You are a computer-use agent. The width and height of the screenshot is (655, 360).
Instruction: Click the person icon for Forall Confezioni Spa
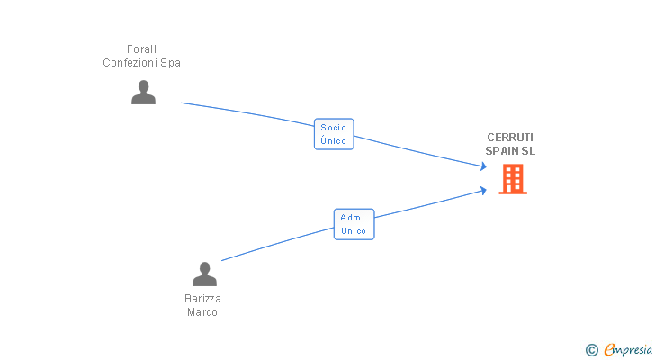pyautogui.click(x=143, y=93)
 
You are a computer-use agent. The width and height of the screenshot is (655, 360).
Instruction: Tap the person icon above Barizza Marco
pyautogui.click(x=204, y=274)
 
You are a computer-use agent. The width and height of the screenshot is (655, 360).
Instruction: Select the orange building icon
pyautogui.click(x=513, y=179)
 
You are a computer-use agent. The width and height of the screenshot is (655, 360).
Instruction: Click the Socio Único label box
pyautogui.click(x=334, y=134)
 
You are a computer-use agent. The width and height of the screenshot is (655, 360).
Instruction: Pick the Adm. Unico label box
pyautogui.click(x=354, y=224)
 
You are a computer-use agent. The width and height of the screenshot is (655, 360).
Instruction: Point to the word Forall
pyautogui.click(x=141, y=49)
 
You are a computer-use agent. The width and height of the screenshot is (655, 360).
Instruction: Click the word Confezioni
pyautogui.click(x=130, y=63)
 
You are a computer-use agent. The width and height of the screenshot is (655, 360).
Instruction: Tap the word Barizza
pyautogui.click(x=202, y=299)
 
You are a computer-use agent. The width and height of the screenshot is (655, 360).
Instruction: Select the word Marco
pyautogui.click(x=202, y=312)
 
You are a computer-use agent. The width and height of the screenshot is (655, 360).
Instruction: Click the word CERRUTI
pyautogui.click(x=510, y=138)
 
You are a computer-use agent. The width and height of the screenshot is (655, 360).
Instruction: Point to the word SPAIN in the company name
pyautogui.click(x=500, y=151)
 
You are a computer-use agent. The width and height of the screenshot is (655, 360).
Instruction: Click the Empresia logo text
pyautogui.click(x=628, y=350)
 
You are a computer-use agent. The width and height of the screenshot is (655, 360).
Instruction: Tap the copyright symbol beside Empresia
pyautogui.click(x=591, y=350)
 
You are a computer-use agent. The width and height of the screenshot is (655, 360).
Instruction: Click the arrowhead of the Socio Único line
pyautogui.click(x=484, y=166)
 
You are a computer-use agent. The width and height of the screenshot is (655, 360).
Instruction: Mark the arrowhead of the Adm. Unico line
pyautogui.click(x=484, y=191)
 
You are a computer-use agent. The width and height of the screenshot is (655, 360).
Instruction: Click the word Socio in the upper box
pyautogui.click(x=333, y=128)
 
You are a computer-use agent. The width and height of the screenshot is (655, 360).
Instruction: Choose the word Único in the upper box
pyautogui.click(x=333, y=140)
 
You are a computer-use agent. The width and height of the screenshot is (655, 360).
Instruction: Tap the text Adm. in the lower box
pyautogui.click(x=352, y=218)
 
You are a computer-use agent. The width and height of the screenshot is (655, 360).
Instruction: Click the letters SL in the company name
pyautogui.click(x=526, y=151)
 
